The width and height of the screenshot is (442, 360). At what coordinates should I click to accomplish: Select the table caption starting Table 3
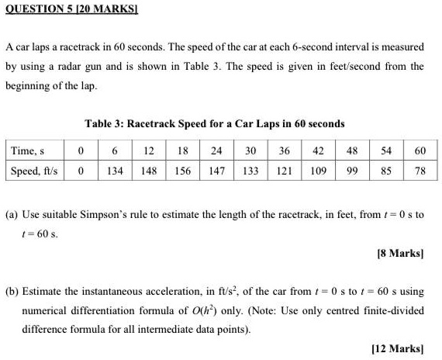(x=213, y=123)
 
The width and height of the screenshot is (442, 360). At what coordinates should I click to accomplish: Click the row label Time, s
(x=29, y=151)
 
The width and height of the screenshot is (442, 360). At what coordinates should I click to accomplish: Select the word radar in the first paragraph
(x=69, y=67)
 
